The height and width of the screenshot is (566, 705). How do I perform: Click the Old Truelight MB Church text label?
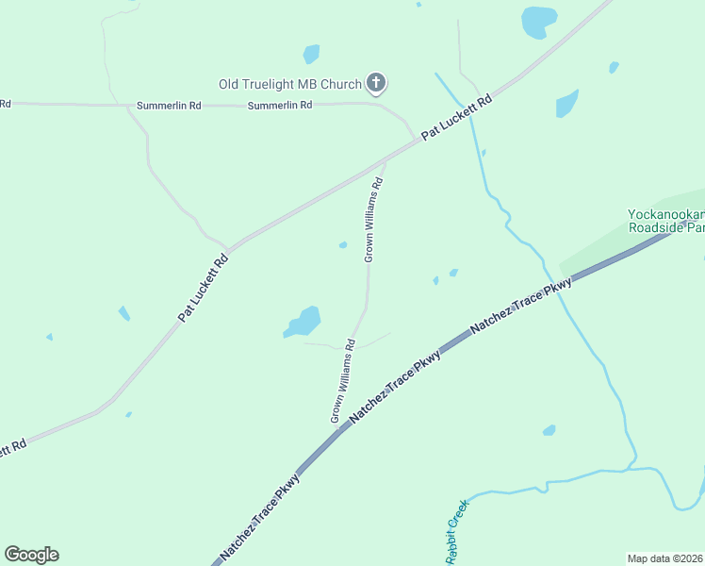point(290,84)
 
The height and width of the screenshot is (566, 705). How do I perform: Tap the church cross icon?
point(375,83)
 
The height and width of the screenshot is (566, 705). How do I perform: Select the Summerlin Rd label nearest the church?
point(280,106)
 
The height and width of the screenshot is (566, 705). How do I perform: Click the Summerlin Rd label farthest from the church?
point(5,103)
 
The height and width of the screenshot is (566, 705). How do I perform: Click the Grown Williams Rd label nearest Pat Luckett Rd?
point(373,219)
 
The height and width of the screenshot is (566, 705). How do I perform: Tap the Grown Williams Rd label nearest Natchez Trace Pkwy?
point(341,380)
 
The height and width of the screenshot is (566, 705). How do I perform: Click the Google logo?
point(31,555)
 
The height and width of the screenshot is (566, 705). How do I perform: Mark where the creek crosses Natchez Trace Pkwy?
point(559,287)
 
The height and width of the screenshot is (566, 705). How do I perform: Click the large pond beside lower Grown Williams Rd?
point(304,321)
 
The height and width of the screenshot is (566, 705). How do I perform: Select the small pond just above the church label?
point(311,54)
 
